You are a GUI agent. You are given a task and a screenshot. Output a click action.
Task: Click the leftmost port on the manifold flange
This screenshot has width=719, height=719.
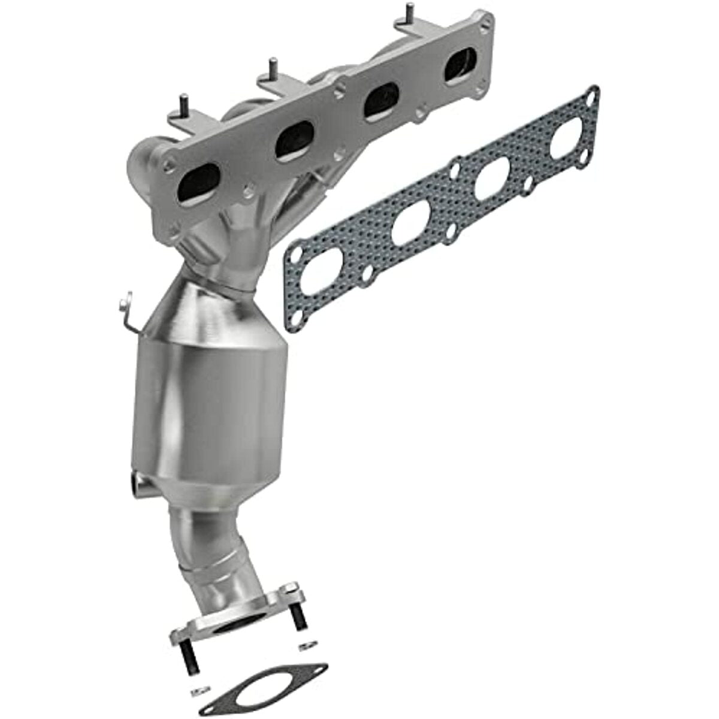click(x=202, y=179)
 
